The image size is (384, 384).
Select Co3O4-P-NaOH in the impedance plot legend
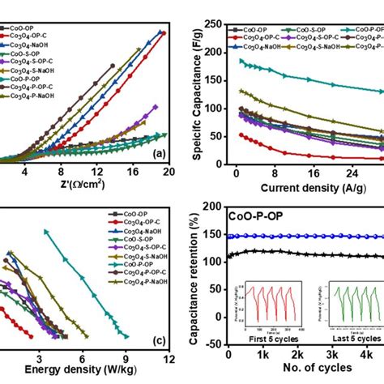coord(36,96)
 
